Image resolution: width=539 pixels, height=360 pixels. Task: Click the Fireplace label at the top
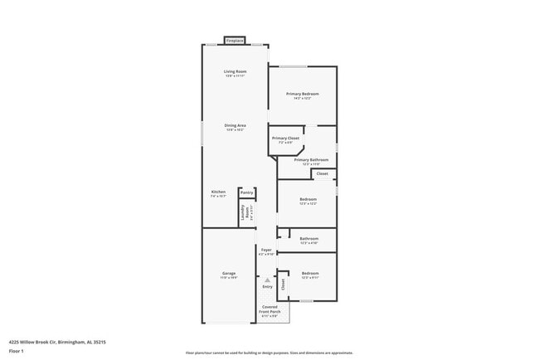pos(236,40)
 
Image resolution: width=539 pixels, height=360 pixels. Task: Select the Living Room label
pos(236,72)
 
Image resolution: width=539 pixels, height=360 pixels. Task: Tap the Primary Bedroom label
pos(303,95)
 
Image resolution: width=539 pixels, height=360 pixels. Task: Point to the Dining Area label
pos(236,126)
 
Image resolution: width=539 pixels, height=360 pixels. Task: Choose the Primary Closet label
pos(286,139)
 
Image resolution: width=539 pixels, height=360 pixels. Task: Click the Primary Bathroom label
pos(311,160)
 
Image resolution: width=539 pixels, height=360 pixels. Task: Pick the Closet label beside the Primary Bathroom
pos(323,173)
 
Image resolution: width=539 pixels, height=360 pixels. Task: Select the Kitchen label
pos(218,192)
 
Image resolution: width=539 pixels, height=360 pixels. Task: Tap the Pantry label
pos(247,192)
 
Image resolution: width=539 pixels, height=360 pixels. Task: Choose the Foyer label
pos(266,251)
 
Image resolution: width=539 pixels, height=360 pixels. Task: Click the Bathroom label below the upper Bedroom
pos(308,239)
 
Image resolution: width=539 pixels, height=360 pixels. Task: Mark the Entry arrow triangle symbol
pos(267,280)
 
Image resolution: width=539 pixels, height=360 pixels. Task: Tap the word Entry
pos(267,287)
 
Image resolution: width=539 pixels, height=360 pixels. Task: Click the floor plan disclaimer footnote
pos(269,353)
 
